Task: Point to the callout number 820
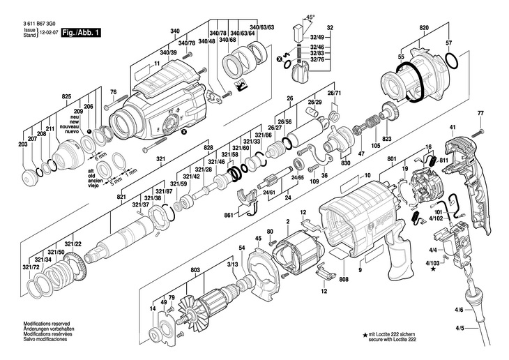424,27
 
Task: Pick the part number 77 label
480,114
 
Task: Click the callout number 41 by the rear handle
452,127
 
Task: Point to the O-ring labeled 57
451,63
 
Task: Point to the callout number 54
242,248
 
